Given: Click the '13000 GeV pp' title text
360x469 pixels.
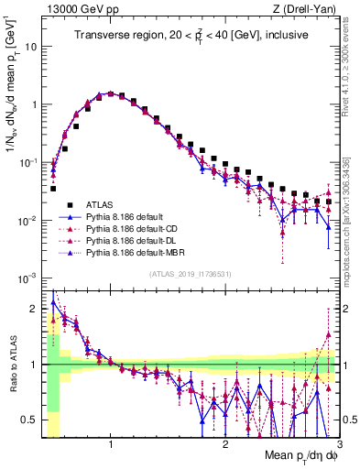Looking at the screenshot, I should click(x=76, y=9).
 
